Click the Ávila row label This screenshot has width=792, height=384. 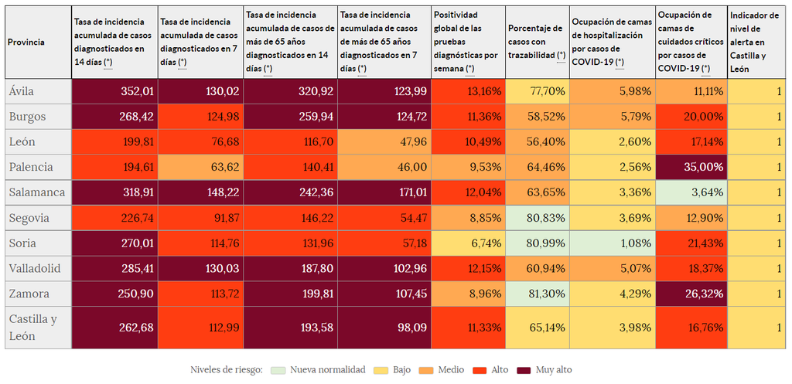click(x=22, y=91)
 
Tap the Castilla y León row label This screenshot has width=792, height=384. click(x=32, y=328)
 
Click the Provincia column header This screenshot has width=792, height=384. click(x=26, y=42)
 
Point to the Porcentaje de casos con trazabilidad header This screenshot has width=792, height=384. click(x=537, y=42)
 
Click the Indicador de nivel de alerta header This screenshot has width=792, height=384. click(x=755, y=42)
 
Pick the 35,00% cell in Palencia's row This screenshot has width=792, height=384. click(x=691, y=167)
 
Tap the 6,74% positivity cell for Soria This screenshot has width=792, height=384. click(x=467, y=243)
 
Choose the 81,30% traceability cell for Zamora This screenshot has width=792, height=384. click(x=536, y=294)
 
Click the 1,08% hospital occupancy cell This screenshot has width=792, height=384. click(x=611, y=243)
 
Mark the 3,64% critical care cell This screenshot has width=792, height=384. click(x=691, y=192)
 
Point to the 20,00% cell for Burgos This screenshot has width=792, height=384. click(x=691, y=117)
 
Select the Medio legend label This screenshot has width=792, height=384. click(x=451, y=370)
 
